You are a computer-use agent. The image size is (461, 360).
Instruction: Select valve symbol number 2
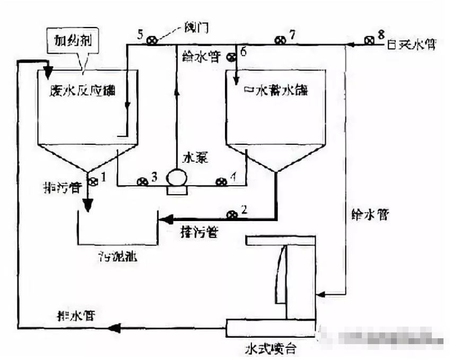(231, 215)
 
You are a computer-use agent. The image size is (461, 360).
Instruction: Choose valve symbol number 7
(279, 40)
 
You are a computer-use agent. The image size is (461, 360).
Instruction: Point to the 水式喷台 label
(270, 349)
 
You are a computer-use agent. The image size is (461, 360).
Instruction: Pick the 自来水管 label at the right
(409, 45)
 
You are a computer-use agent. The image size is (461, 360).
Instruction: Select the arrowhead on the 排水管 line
(112, 329)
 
